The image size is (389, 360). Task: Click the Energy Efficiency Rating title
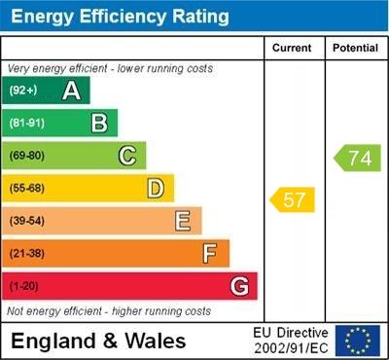pyautogui.click(x=120, y=17)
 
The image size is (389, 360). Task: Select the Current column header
pyautogui.click(x=292, y=48)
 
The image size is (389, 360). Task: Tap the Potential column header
pyautogui.click(x=355, y=48)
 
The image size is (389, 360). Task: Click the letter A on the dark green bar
pyautogui.click(x=71, y=90)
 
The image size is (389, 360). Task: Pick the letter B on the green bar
pyautogui.click(x=99, y=123)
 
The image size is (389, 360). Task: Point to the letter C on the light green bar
pyautogui.click(x=127, y=156)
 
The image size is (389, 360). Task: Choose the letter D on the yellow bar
pyautogui.click(x=156, y=188)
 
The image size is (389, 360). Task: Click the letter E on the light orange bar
pyautogui.click(x=183, y=221)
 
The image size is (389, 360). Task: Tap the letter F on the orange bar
pyautogui.click(x=210, y=254)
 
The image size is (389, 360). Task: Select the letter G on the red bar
pyautogui.click(x=239, y=286)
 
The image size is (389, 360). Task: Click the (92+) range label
pyautogui.click(x=23, y=90)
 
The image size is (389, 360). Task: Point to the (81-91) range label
pyautogui.click(x=26, y=124)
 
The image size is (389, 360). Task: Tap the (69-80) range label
pyautogui.click(x=26, y=156)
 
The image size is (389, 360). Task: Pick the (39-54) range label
pyautogui.click(x=26, y=221)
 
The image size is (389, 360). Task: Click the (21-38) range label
pyautogui.click(x=26, y=254)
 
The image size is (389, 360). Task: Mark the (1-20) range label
pyautogui.click(x=24, y=287)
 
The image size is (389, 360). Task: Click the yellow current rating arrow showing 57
pyautogui.click(x=293, y=200)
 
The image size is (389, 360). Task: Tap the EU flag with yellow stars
pyautogui.click(x=357, y=340)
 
